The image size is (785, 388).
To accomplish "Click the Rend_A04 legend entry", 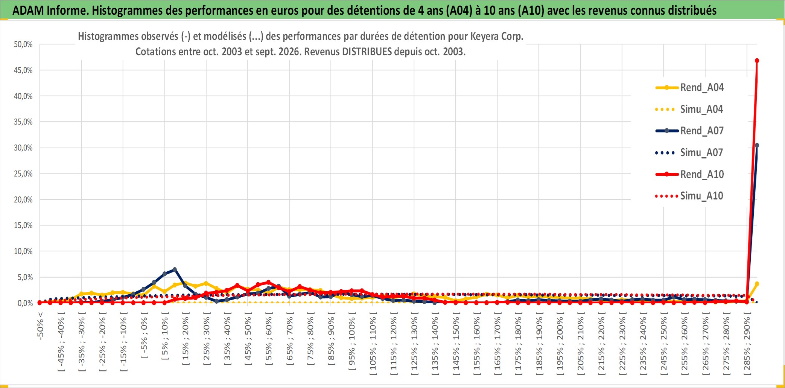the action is pyautogui.click(x=689, y=88).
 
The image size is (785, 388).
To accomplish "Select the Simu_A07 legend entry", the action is pyautogui.click(x=689, y=153).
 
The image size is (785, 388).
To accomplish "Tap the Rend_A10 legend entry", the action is pyautogui.click(x=689, y=174).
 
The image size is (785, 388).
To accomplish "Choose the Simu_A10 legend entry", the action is pyautogui.click(x=689, y=196).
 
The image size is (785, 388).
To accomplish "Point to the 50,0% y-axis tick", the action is pyautogui.click(x=23, y=44).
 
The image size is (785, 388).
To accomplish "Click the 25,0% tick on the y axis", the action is pyautogui.click(x=23, y=174).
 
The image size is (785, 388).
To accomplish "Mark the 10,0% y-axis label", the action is pyautogui.click(x=23, y=251).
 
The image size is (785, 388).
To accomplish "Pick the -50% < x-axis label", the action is pyautogui.click(x=40, y=326).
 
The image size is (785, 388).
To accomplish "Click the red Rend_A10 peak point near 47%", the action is pyautogui.click(x=757, y=61).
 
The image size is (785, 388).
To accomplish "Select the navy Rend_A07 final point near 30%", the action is pyautogui.click(x=757, y=145).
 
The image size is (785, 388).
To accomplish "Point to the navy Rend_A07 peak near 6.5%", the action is pyautogui.click(x=175, y=269).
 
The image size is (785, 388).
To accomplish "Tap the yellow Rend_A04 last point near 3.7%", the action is pyautogui.click(x=757, y=284).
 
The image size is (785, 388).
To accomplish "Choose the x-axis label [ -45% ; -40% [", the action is pyautogui.click(x=61, y=344).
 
